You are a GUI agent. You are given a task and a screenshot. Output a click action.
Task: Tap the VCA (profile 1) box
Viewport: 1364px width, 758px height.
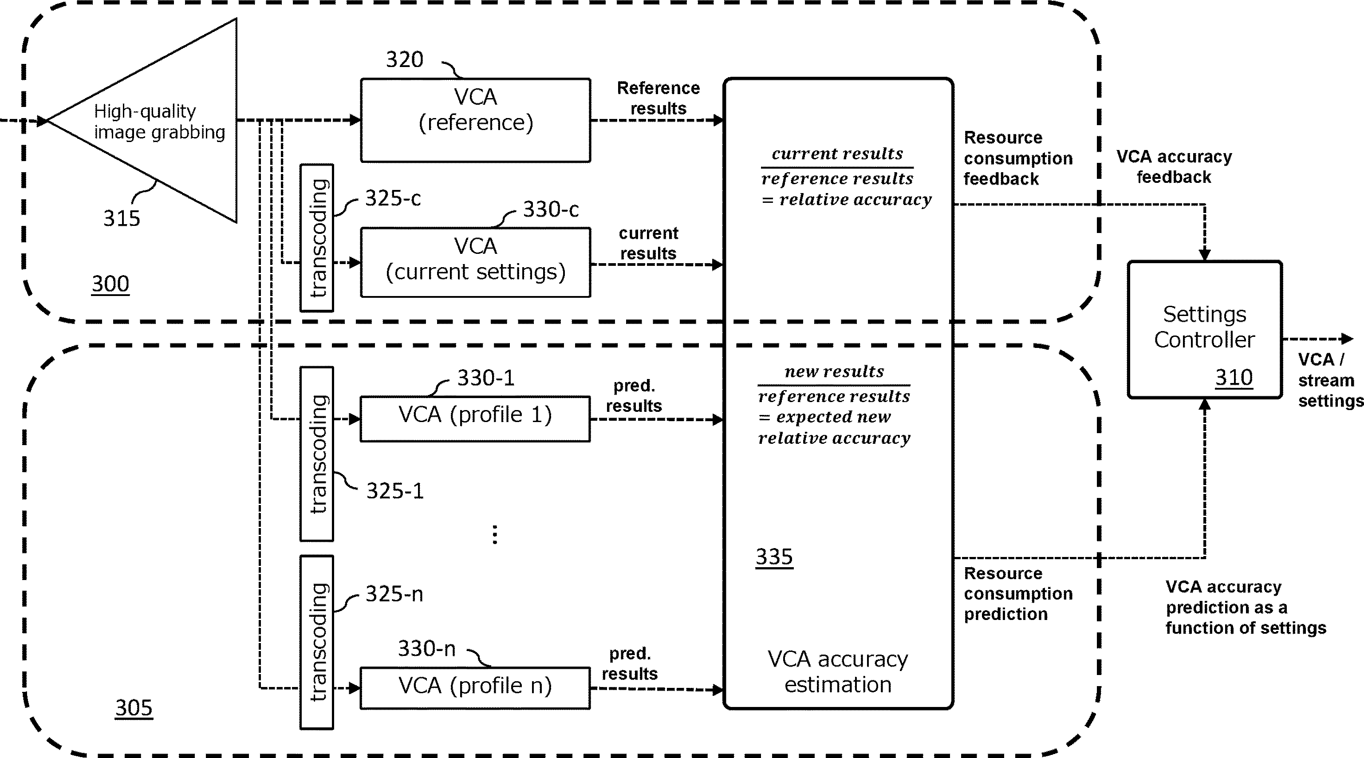(475, 418)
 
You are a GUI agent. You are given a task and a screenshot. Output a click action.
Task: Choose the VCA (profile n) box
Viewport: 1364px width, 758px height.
(475, 687)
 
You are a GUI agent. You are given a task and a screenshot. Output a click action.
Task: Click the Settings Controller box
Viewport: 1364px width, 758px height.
(1204, 329)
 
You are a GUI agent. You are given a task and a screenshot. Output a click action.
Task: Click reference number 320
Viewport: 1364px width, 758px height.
(405, 59)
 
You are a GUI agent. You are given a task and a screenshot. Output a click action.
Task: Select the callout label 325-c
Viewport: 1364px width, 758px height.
(393, 198)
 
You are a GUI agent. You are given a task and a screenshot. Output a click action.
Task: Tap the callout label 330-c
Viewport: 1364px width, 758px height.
(551, 209)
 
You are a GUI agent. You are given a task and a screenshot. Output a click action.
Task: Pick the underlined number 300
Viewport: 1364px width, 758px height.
(110, 284)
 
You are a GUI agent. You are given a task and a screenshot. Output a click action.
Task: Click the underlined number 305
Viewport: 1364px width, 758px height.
(134, 708)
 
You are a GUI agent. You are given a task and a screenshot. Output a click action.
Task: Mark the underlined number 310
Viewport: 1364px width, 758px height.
(1233, 378)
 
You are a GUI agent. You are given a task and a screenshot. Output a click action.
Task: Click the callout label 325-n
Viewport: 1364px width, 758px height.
(394, 594)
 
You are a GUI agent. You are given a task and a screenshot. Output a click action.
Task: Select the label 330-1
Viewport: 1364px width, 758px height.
(485, 378)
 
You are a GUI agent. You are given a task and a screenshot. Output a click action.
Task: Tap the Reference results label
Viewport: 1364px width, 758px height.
(658, 98)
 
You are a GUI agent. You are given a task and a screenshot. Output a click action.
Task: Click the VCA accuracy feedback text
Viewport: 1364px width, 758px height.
(1174, 166)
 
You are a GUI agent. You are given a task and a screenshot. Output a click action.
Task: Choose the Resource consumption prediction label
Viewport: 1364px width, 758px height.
(1018, 593)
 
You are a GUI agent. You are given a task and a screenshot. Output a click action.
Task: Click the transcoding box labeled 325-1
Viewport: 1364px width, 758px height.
(317, 454)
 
